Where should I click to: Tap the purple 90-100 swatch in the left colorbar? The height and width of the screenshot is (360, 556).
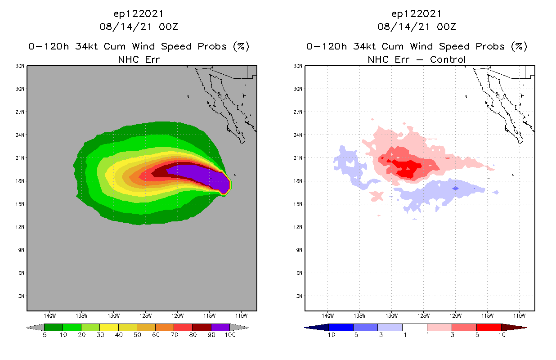point(220,327)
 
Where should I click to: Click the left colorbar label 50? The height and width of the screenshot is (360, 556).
point(137,335)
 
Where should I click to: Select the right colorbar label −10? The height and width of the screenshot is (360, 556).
point(328,335)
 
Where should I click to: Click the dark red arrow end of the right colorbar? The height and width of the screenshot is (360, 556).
point(513,327)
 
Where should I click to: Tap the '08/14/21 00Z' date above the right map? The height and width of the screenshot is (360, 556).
point(417,27)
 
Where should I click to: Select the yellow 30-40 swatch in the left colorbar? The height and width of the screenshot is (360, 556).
point(109,327)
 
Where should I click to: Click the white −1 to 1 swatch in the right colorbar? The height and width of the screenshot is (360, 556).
point(414,327)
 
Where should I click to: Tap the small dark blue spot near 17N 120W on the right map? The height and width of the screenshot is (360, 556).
point(455,188)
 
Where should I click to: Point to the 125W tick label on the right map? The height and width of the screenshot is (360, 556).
point(424,315)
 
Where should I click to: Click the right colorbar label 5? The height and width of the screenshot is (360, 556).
point(477,335)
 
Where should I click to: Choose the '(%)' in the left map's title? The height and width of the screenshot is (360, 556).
point(241,46)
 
